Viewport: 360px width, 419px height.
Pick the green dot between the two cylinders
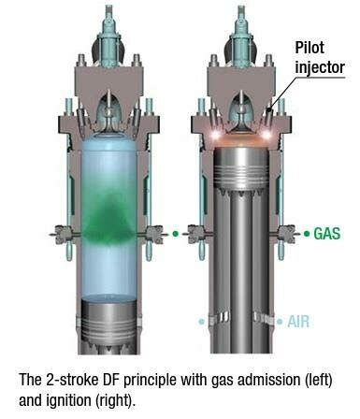tap(174, 231)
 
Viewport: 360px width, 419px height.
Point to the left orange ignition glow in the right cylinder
tap(211, 137)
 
